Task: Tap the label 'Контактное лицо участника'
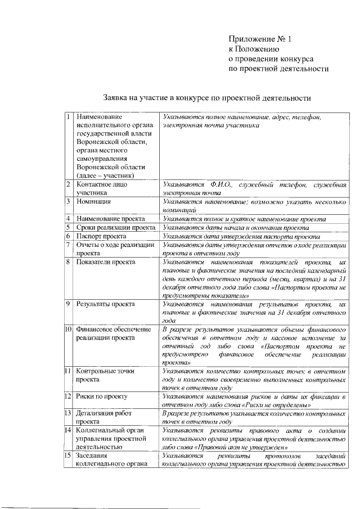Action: tap(102, 188)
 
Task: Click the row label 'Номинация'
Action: tap(94, 201)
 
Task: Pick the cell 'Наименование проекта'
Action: tap(111, 218)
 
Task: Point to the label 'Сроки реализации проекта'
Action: tap(116, 227)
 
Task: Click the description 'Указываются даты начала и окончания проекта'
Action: tap(235, 227)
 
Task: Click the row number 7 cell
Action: tap(68, 245)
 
